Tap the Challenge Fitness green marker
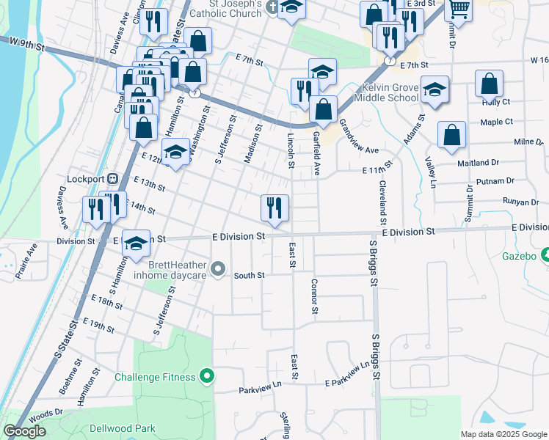207,377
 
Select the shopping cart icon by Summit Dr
459,10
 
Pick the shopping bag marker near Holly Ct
489,84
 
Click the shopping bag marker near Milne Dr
451,135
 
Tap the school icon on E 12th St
175,154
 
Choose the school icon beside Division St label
136,244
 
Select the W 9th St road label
28,46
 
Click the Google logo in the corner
24,431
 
